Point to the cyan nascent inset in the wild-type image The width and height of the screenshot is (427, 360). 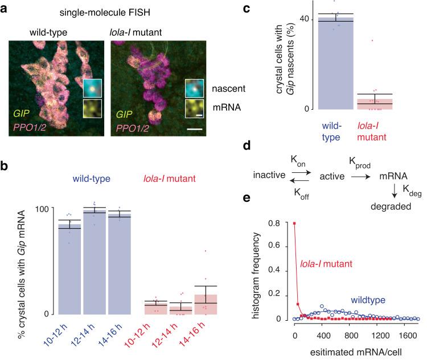click(x=92, y=88)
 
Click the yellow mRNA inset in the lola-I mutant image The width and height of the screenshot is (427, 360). click(x=194, y=108)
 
